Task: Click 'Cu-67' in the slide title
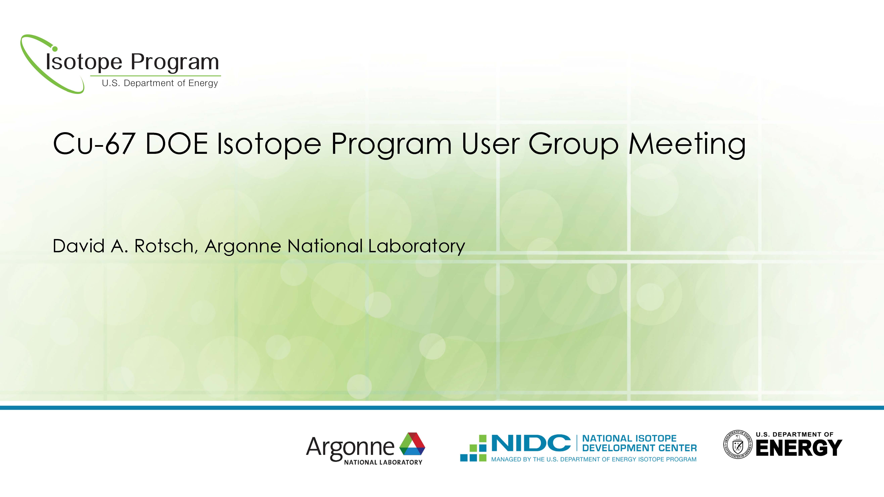click(93, 144)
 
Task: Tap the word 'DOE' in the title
click(176, 144)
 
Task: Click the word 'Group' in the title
click(573, 145)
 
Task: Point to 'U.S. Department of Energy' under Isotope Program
click(160, 83)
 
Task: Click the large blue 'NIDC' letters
click(531, 443)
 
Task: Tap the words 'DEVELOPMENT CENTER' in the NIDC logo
click(639, 448)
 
